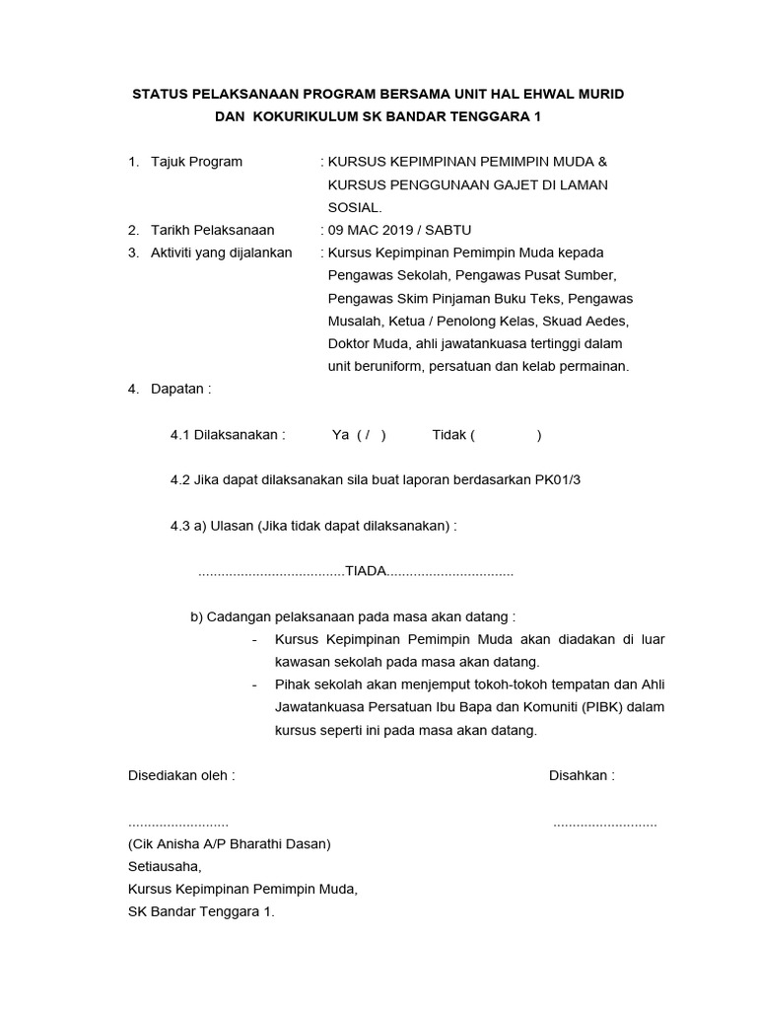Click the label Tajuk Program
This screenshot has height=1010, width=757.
(x=196, y=161)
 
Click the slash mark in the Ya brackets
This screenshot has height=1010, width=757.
(x=366, y=434)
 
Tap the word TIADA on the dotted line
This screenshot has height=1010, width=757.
(x=365, y=572)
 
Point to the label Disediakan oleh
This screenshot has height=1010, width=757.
(x=181, y=775)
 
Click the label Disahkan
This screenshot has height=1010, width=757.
(x=582, y=775)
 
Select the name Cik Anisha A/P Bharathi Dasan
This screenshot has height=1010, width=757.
(x=230, y=844)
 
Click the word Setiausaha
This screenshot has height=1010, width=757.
(x=164, y=867)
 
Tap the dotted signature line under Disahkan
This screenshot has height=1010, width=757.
(x=604, y=824)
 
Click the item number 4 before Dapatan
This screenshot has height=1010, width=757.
(x=133, y=389)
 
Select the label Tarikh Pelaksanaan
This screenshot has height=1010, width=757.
(x=213, y=230)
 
